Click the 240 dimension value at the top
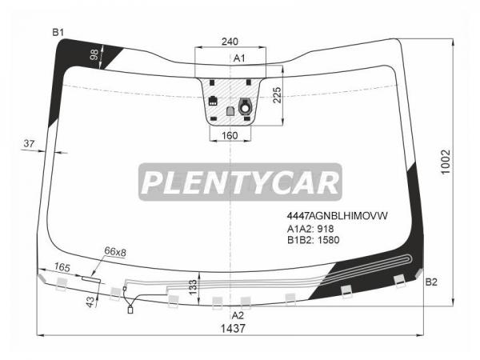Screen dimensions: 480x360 coord(230,42)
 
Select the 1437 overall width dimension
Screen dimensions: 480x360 coord(233,329)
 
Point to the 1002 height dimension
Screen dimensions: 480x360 coord(446,162)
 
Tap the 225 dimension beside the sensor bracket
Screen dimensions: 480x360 coord(277,95)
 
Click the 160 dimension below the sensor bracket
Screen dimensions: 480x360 coord(230,135)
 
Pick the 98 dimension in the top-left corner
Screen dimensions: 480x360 coord(94,54)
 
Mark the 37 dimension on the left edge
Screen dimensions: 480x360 coord(29,143)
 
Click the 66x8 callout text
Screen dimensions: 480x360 coord(115,252)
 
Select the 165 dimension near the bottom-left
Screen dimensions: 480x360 coord(62,267)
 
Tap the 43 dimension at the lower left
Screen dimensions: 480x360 coord(90,302)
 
